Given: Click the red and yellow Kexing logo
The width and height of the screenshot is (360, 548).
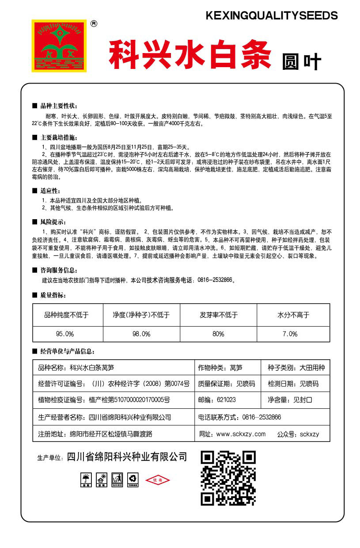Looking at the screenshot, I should (x=59, y=45).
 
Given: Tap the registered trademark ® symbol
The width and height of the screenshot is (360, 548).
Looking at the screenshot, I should (x=93, y=24).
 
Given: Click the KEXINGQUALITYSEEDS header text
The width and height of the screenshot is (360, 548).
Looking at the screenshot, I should (x=272, y=16).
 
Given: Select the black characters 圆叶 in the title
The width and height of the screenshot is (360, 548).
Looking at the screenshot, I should (x=301, y=62).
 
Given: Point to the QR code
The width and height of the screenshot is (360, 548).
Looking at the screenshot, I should (x=228, y=478).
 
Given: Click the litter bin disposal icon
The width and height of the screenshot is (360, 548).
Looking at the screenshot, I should (x=116, y=479).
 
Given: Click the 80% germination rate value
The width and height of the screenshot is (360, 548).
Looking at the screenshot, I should (x=218, y=334).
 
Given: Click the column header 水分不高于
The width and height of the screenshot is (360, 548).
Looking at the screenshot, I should (x=293, y=315).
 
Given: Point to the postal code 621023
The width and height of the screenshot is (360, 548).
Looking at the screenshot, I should (x=226, y=400).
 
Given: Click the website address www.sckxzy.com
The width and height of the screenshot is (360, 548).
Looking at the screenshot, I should (x=241, y=434).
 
